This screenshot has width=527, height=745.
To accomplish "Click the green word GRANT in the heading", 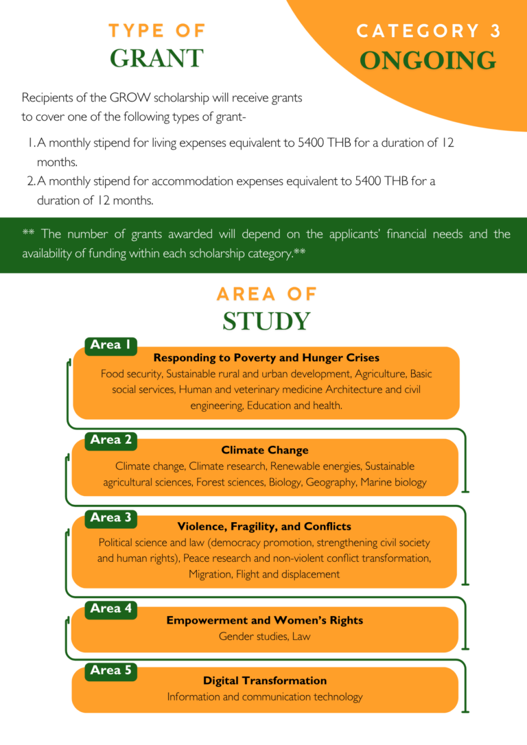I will pyautogui.click(x=156, y=58).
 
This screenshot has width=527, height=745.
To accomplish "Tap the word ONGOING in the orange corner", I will pyautogui.click(x=428, y=60).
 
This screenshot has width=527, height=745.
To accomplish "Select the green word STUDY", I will pyautogui.click(x=266, y=321).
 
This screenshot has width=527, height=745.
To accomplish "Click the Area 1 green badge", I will pyautogui.click(x=110, y=345).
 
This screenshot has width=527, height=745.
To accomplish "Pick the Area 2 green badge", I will pyautogui.click(x=110, y=440).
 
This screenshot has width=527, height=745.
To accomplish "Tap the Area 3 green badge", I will pyautogui.click(x=110, y=517).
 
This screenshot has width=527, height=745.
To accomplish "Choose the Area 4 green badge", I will pyautogui.click(x=110, y=608).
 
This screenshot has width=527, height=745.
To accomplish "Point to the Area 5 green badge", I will pyautogui.click(x=110, y=670).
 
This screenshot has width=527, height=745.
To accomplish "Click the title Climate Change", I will pyautogui.click(x=265, y=450).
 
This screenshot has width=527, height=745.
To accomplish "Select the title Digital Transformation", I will pyautogui.click(x=265, y=681).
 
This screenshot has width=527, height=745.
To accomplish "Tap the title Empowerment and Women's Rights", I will pyautogui.click(x=265, y=620).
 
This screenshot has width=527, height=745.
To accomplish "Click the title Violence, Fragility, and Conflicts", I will pyautogui.click(x=264, y=527).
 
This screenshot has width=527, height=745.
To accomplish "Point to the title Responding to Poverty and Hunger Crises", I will pyautogui.click(x=266, y=357).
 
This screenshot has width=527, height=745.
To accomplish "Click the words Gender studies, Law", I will pyautogui.click(x=265, y=637).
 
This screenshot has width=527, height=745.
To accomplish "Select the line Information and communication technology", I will pyautogui.click(x=265, y=697).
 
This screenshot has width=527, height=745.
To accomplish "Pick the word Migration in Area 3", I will pyautogui.click(x=210, y=574).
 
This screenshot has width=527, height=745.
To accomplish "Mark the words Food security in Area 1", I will pyautogui.click(x=131, y=374).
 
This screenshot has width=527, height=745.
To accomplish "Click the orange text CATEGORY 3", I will pyautogui.click(x=429, y=31).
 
